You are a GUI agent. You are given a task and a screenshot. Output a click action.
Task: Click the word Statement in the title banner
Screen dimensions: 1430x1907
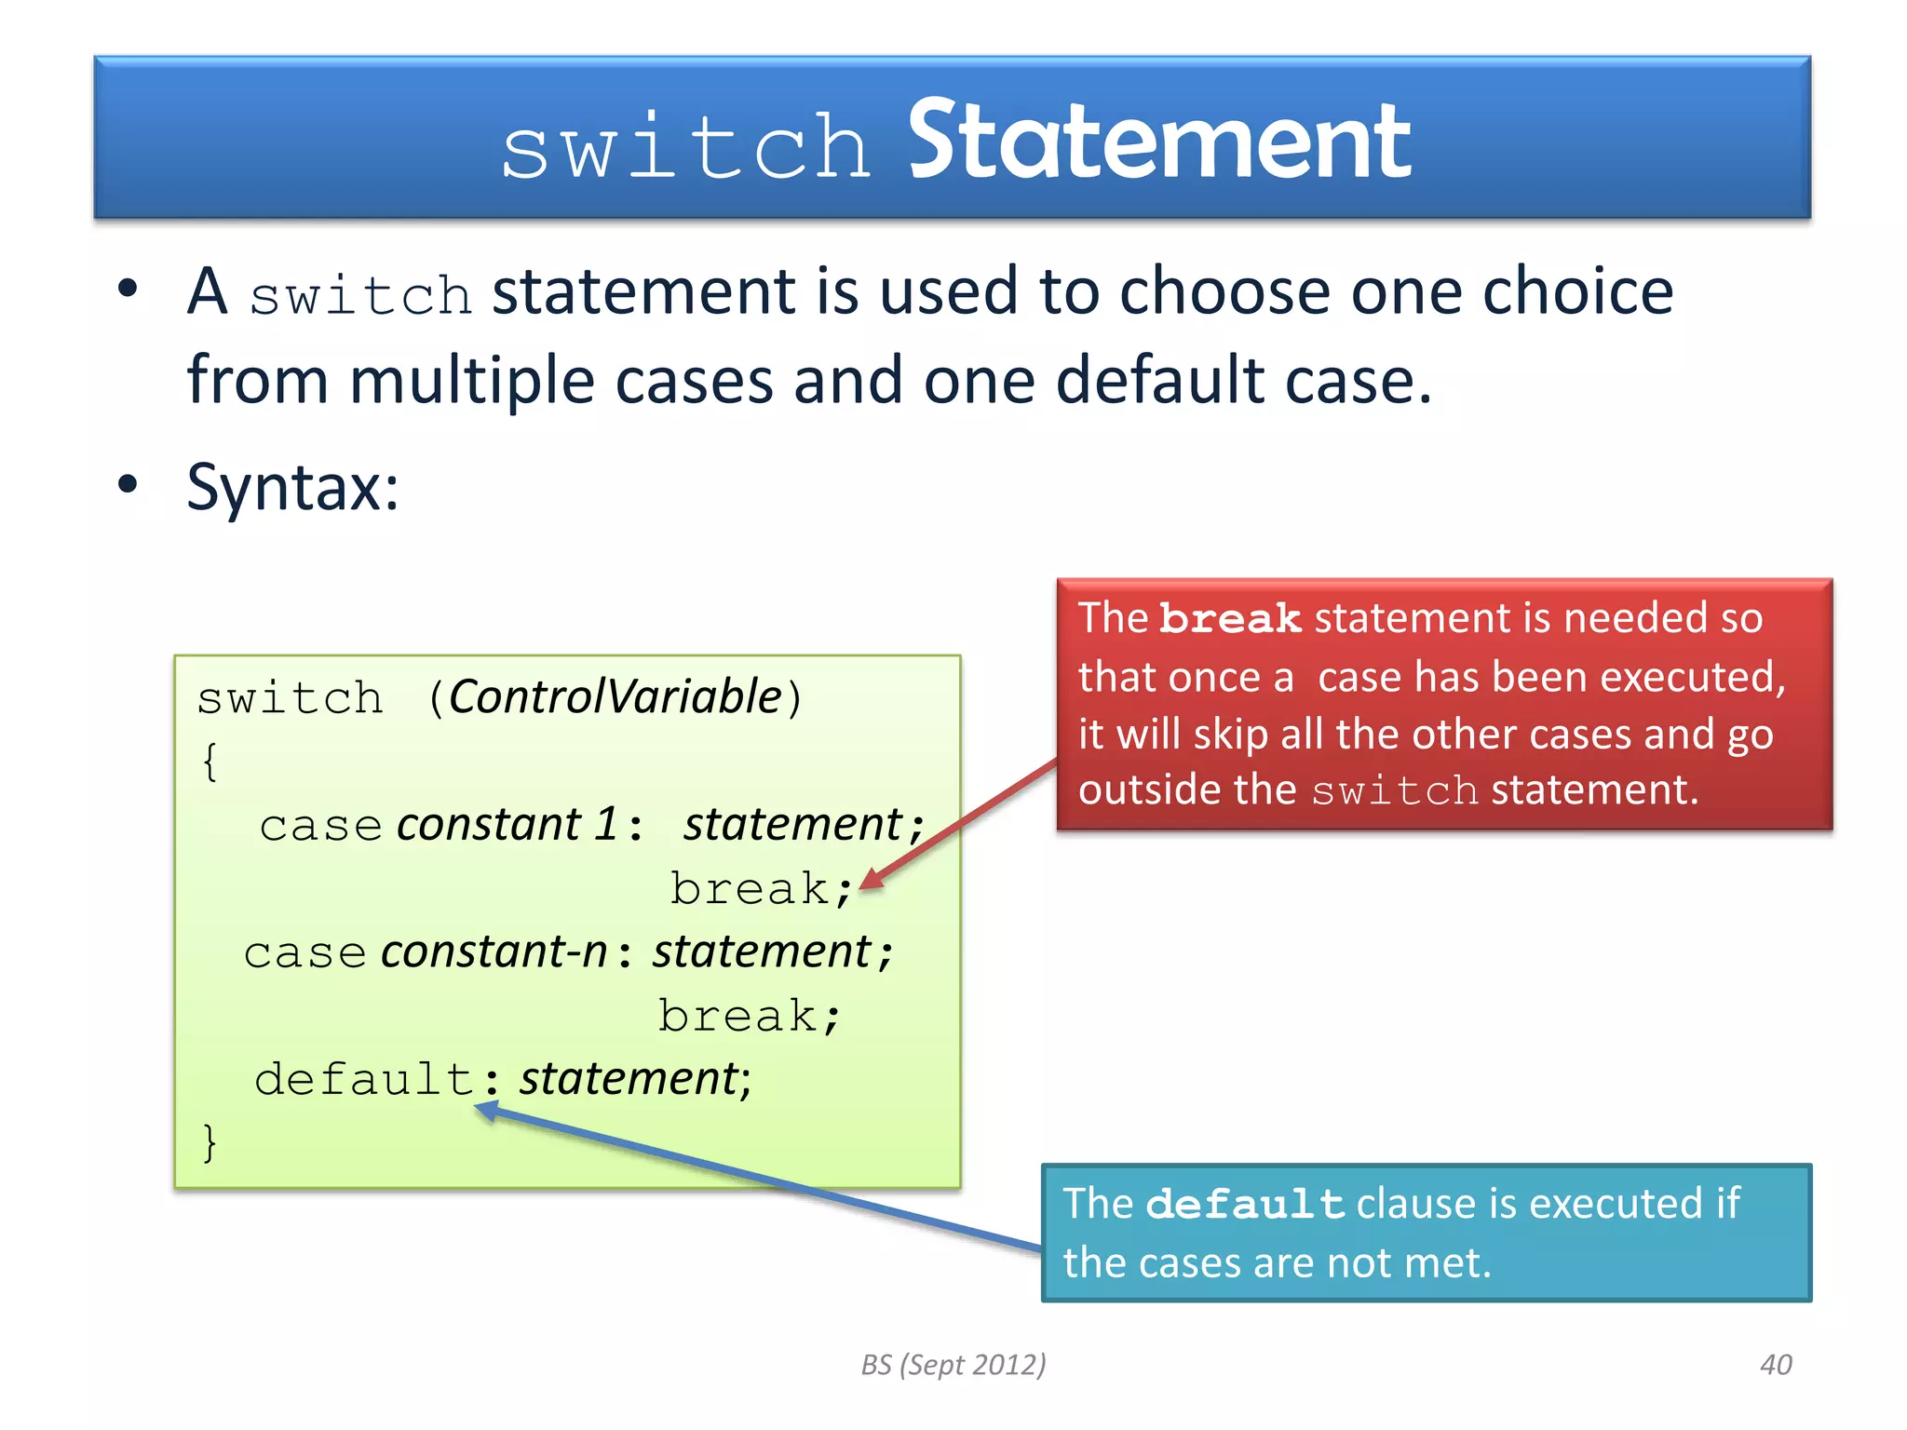point(1158,142)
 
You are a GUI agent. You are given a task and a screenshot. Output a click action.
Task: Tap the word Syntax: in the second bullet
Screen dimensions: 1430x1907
point(292,487)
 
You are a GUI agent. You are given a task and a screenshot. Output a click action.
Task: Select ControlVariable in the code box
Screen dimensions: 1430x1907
point(615,697)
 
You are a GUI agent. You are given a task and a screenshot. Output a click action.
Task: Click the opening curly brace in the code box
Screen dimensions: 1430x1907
point(210,762)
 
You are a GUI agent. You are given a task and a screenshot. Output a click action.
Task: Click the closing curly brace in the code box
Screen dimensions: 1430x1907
point(210,1141)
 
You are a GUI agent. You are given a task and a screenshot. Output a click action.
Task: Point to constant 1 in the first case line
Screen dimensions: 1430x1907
point(507,825)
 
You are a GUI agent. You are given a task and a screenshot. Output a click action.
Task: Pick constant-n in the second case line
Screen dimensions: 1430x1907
point(494,952)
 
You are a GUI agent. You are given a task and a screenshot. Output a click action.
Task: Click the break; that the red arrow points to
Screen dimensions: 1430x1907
point(760,889)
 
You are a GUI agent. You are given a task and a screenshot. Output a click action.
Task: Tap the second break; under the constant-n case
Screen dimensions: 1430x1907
point(749,1016)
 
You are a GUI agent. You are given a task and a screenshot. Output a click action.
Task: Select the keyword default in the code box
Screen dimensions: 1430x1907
point(365,1080)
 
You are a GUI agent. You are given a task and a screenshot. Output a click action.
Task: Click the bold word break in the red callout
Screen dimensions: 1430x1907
point(1229,619)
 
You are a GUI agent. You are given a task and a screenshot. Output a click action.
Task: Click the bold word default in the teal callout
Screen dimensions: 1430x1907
point(1244,1205)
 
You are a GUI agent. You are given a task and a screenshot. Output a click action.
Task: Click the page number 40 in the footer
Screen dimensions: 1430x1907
point(1775,1365)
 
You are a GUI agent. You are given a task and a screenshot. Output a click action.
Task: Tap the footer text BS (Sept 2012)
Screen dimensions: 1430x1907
point(953,1365)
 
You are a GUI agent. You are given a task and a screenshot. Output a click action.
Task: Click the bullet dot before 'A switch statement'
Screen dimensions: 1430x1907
point(128,289)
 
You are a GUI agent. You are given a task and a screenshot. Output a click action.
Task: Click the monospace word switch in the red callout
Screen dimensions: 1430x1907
point(1394,791)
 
